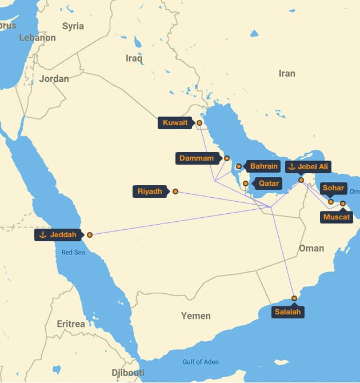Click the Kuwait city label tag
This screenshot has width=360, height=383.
175,123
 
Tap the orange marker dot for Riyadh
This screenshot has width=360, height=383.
175,191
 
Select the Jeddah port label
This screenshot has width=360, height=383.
58,235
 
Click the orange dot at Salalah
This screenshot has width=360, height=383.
294,298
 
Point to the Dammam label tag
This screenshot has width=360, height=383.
197,158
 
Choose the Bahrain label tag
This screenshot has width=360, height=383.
263,166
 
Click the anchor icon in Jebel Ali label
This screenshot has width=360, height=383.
291,167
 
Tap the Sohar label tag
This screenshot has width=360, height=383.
333,188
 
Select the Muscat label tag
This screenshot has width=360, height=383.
337,217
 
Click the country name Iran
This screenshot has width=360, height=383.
286,73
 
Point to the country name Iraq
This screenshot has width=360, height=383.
134,58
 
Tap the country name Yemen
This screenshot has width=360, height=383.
195,316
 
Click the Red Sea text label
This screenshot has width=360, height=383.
73,252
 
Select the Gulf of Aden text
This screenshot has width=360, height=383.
200,362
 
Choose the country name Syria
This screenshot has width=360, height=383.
73,26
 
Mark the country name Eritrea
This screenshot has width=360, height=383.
71,324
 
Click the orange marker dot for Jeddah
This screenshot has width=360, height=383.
90,234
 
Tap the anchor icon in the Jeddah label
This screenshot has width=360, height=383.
42,235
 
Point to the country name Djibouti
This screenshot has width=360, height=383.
127,373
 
